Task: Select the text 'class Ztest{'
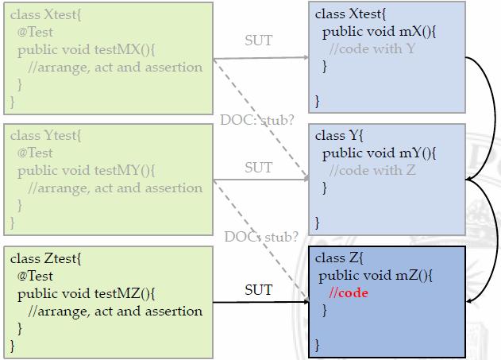point(45,258)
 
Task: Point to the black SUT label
point(258,290)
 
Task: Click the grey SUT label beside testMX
point(258,41)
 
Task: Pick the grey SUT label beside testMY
point(258,168)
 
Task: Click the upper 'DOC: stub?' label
point(257,121)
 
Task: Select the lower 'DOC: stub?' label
point(260,237)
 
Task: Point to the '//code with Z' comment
point(372,170)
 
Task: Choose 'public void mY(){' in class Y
point(379,153)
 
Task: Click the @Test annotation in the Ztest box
point(35,276)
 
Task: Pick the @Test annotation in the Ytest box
point(35,153)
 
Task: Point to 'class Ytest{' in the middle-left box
point(45,135)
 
